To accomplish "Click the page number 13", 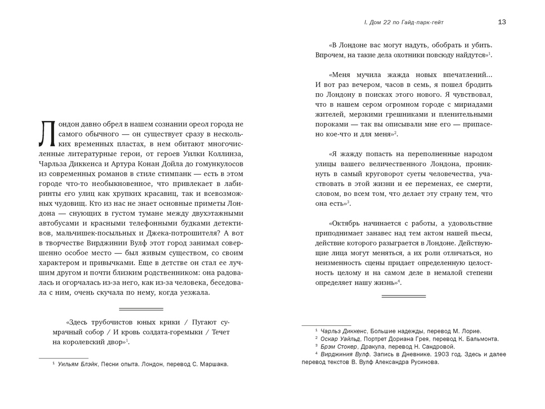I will tap(501, 22).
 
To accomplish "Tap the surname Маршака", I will tap(214, 364).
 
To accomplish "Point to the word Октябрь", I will tap(345, 223).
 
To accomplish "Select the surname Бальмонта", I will tap(480, 339).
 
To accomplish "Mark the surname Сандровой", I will tap(436, 347).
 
